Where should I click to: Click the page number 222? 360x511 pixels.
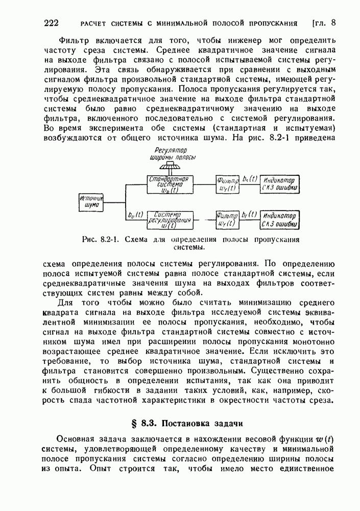coord(53,23)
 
